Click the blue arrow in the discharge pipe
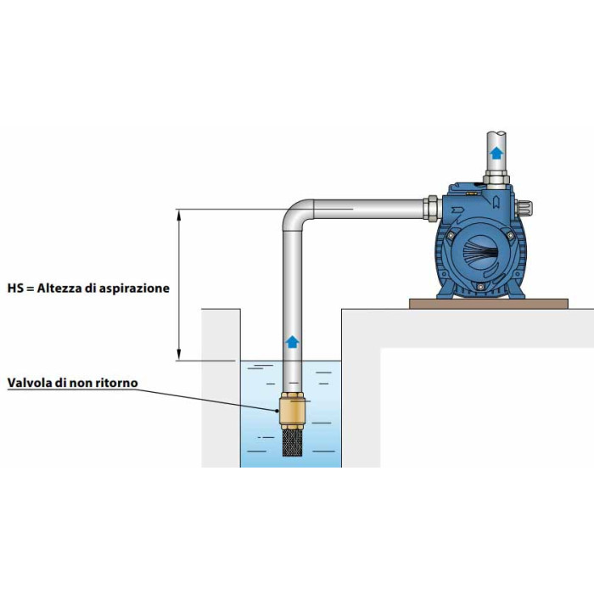coord(496,153)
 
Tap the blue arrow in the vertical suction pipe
coord(292,342)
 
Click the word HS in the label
coord(15,288)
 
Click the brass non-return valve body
coord(292,410)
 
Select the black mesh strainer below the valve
coord(292,442)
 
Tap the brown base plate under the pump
coord(489,304)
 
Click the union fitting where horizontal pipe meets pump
coord(432,209)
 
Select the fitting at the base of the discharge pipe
coord(496,180)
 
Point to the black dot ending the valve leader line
coord(277,410)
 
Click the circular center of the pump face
coord(481,253)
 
